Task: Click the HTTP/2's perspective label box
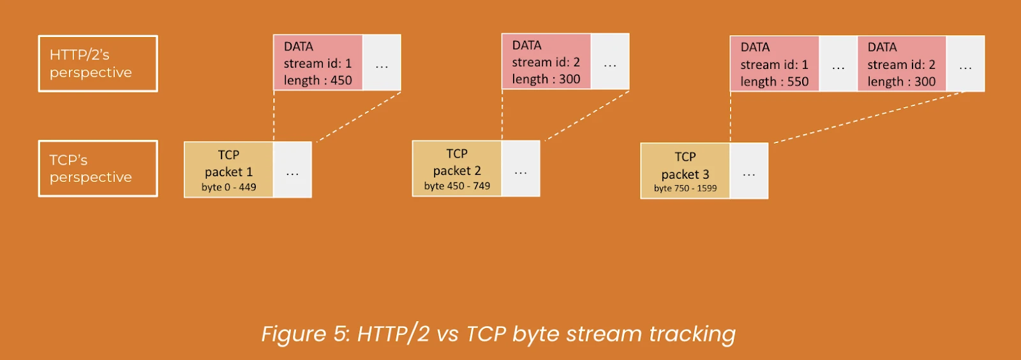click(x=98, y=64)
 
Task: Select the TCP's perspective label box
click(x=98, y=169)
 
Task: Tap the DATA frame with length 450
click(x=318, y=63)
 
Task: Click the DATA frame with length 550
click(x=775, y=64)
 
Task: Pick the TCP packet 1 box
click(x=228, y=170)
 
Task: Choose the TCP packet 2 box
click(x=457, y=169)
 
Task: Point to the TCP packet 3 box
click(x=685, y=171)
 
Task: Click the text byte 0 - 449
click(x=229, y=187)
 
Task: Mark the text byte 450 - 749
click(x=457, y=186)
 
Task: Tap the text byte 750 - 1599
click(x=685, y=188)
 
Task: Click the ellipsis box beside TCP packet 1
click(x=293, y=170)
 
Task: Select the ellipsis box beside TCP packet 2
click(x=521, y=169)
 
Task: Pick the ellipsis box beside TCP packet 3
click(x=749, y=171)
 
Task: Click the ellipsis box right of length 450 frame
click(x=382, y=63)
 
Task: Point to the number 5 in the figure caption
click(x=340, y=334)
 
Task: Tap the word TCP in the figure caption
click(x=486, y=334)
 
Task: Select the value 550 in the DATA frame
click(x=798, y=82)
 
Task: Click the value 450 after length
click(x=341, y=80)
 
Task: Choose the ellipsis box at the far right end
click(x=965, y=64)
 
